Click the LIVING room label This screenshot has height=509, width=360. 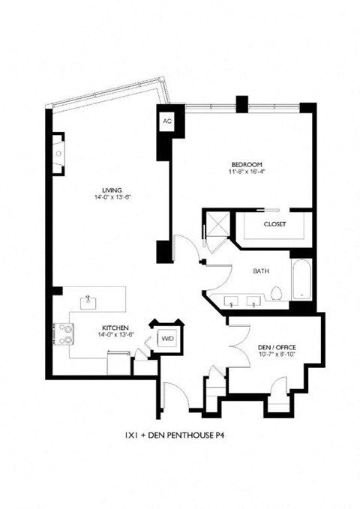pyautogui.click(x=113, y=190)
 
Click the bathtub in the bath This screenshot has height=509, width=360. pyautogui.click(x=300, y=280)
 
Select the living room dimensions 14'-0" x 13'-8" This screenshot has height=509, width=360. pyautogui.click(x=113, y=198)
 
